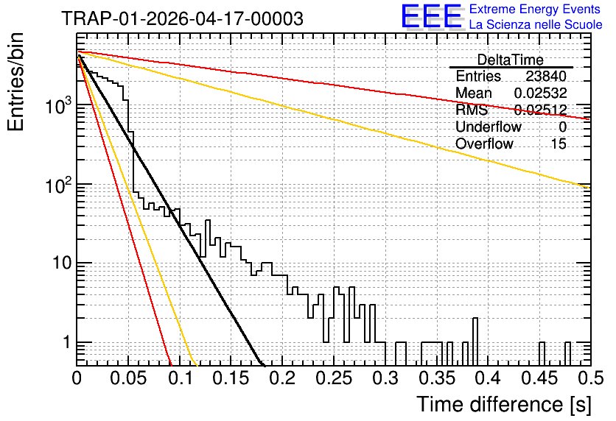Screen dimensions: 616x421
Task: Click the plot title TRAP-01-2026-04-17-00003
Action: click(x=182, y=18)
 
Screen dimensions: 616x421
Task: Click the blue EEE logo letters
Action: click(x=432, y=16)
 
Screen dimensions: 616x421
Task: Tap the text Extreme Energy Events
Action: click(x=535, y=9)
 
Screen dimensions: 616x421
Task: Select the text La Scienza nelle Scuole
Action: click(x=536, y=24)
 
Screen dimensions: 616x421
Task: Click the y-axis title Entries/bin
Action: click(x=15, y=82)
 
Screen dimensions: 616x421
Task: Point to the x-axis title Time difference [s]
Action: click(x=504, y=404)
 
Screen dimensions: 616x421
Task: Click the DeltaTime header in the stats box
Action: click(x=511, y=60)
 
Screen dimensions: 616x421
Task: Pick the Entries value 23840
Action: click(x=546, y=76)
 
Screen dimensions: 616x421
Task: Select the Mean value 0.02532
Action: click(x=541, y=93)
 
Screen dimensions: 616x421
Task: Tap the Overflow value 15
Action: click(x=559, y=144)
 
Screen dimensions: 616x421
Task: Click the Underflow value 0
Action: click(x=562, y=127)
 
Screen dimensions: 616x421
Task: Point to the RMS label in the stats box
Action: click(x=472, y=110)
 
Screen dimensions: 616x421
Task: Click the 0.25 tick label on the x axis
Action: click(x=334, y=379)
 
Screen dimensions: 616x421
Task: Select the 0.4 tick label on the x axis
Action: click(x=489, y=379)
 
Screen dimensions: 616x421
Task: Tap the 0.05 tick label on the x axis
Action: click(x=128, y=379)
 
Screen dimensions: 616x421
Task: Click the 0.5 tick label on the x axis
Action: click(x=590, y=379)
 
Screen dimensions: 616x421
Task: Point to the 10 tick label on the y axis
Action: click(x=62, y=263)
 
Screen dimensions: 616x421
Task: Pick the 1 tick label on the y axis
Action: click(x=67, y=342)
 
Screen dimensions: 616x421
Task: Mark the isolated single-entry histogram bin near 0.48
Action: click(x=567, y=353)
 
